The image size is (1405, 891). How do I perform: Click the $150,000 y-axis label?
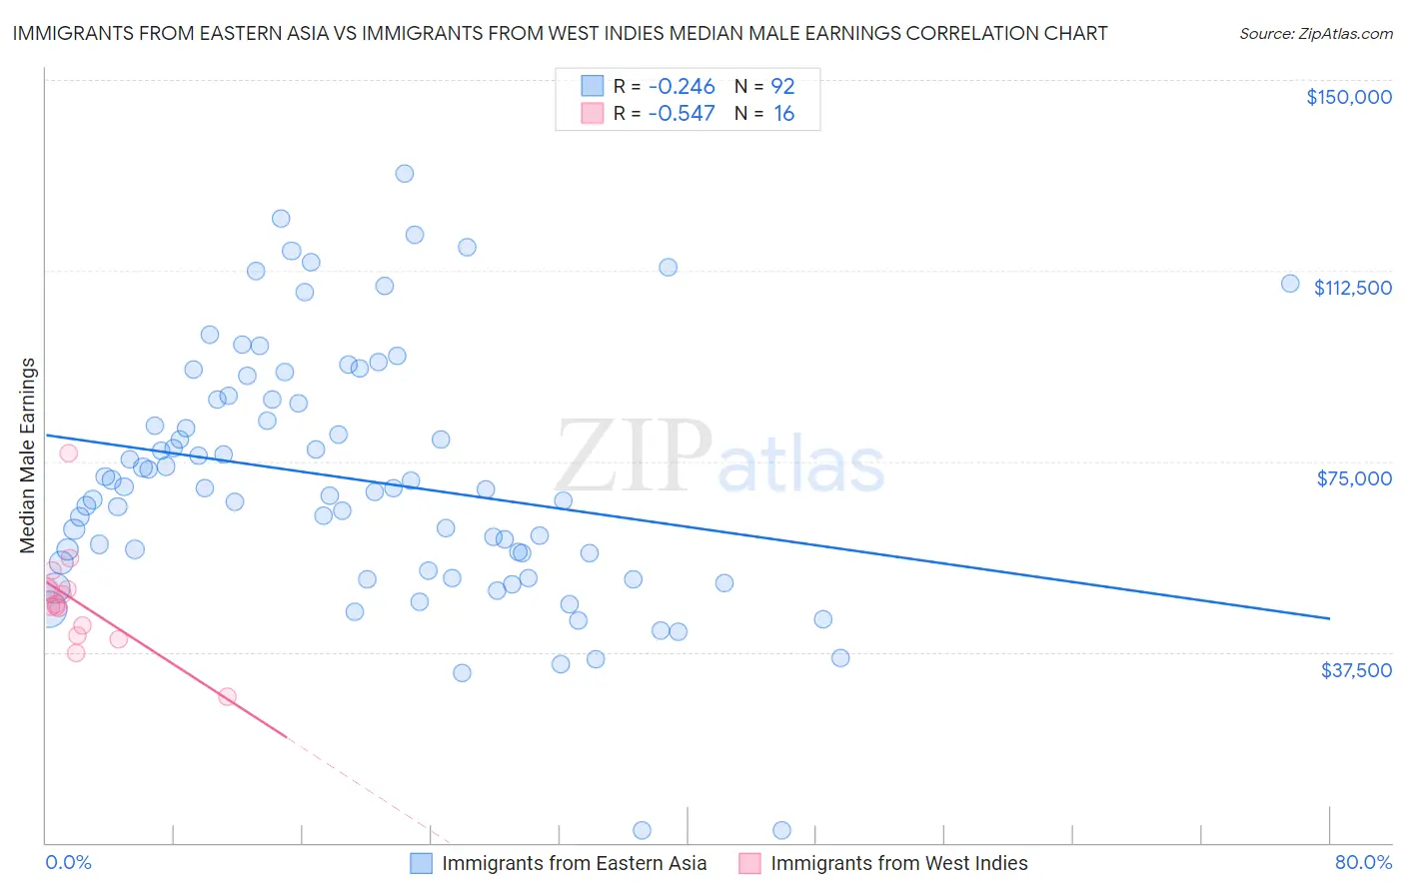1348,97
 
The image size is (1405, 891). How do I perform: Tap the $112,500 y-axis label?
1352,288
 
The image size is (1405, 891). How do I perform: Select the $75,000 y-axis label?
1353,478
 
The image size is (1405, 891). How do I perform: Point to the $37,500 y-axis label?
1355,670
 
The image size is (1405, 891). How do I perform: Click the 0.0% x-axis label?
68,863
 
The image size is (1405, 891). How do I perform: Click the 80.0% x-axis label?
1363,863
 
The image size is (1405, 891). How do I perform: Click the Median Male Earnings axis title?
28,455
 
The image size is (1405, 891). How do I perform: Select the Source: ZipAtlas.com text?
1315,34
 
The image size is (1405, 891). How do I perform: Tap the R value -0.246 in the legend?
682,86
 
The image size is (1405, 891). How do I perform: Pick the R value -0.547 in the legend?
682,114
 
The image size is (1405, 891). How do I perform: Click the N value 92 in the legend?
782,86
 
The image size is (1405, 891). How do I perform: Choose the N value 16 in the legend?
783,114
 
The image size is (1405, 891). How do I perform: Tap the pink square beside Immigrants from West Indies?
750,863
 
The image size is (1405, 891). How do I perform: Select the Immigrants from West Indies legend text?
898,863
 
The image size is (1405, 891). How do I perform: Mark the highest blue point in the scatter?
405,174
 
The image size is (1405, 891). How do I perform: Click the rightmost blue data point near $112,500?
1290,284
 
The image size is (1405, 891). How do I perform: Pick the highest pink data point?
68,452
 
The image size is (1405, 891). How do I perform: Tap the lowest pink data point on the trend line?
227,696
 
